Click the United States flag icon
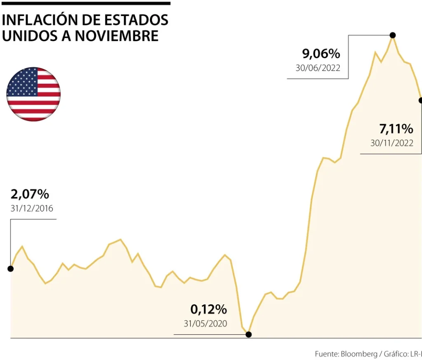33,94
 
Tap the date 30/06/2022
318,68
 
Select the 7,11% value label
396,129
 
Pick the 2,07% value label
30,194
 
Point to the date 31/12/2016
32,208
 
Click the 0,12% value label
209,309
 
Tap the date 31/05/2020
206,324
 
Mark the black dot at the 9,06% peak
393,35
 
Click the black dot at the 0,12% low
249,334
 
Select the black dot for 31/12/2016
11,269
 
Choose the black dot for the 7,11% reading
420,100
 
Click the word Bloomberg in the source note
360,354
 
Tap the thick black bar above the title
85,3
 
